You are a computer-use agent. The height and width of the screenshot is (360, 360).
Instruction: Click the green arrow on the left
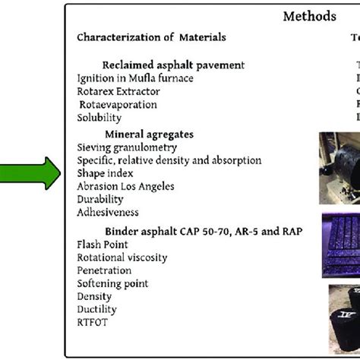point(32,173)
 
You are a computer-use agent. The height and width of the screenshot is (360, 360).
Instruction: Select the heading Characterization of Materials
point(151,37)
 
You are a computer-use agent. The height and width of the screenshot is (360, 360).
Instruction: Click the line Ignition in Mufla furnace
point(134,77)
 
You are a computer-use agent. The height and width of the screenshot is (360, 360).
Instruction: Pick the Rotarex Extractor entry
point(118,91)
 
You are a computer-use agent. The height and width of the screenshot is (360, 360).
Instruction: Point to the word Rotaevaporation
point(118,105)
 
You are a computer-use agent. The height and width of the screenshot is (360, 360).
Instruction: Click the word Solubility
point(99,118)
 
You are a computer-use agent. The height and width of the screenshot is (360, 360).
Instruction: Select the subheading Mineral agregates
point(149,134)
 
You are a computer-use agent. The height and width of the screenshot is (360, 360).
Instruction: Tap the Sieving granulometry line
point(127,147)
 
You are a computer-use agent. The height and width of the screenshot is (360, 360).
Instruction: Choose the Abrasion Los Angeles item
point(125,186)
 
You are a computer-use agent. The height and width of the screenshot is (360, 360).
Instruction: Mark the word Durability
point(99,199)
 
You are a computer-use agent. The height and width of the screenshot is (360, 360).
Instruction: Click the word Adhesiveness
point(107,213)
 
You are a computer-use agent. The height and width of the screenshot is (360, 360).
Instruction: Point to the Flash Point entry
point(103,245)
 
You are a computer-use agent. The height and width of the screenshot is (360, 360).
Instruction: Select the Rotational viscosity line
point(122,257)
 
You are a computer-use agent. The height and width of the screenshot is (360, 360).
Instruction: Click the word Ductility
point(96,309)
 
